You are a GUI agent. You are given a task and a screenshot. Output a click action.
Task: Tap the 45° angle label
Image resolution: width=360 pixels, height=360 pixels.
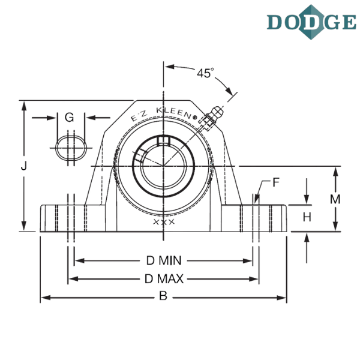(205, 73)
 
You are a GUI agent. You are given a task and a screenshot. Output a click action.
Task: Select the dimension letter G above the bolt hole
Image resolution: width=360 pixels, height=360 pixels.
(70, 117)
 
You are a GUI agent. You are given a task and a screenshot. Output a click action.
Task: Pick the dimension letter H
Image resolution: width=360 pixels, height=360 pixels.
(307, 217)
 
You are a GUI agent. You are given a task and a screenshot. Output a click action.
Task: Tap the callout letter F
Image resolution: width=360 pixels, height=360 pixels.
(275, 182)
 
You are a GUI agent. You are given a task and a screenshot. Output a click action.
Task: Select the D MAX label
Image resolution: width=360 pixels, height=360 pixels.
(164, 279)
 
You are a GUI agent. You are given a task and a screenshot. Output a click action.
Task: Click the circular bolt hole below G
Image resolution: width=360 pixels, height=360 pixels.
(70, 147)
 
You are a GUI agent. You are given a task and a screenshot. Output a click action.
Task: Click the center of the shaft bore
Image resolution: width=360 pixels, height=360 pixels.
(162, 165)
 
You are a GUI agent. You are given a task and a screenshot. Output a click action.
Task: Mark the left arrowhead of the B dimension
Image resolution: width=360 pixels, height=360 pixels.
(43, 297)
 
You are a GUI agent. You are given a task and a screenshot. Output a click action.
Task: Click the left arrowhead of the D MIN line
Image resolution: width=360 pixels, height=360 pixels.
(77, 260)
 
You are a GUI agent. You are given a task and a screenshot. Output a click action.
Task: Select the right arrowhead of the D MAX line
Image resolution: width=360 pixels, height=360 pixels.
(256, 279)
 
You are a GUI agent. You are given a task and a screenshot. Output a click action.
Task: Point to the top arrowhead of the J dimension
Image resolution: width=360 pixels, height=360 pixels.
(23, 104)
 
